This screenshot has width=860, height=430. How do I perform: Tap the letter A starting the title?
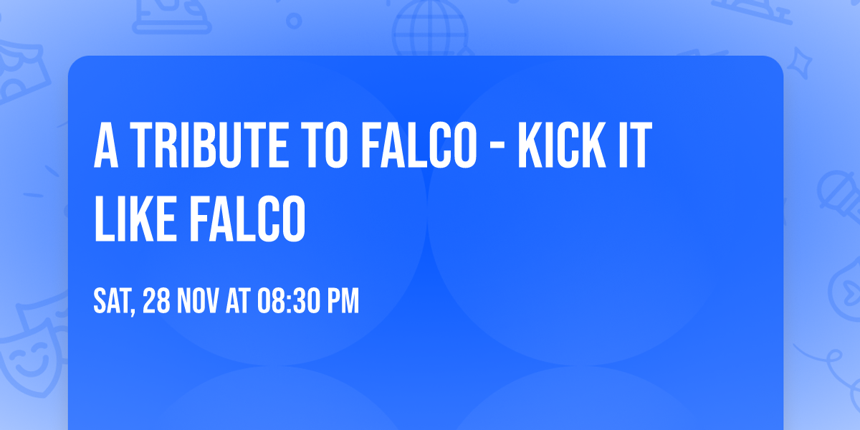106,147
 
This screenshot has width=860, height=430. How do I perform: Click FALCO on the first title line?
419,147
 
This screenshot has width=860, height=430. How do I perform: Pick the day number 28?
157,302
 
